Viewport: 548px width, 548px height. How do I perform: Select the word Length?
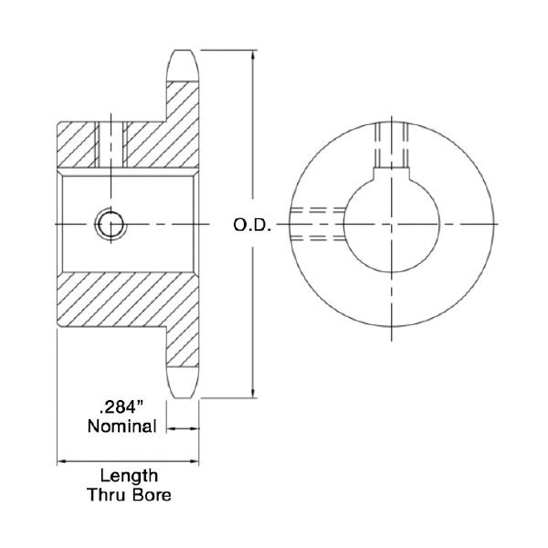click(129, 476)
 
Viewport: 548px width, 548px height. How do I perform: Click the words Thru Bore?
click(129, 495)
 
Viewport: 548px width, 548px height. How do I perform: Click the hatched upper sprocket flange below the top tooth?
click(183, 105)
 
